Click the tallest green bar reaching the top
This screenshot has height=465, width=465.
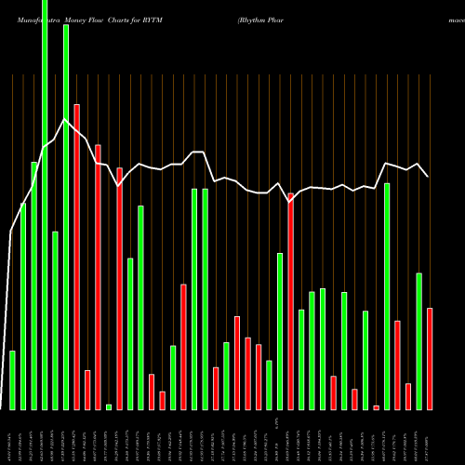pos(45,205)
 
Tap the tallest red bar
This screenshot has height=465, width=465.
pos(76,257)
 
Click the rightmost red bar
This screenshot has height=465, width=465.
pos(430,358)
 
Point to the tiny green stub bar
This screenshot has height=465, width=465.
pos(109,406)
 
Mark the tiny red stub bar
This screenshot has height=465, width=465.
pos(377,407)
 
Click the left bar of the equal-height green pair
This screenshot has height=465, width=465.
pos(194,299)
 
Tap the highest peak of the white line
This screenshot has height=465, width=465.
pos(65,120)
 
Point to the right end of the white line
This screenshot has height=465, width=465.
pos(428,176)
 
